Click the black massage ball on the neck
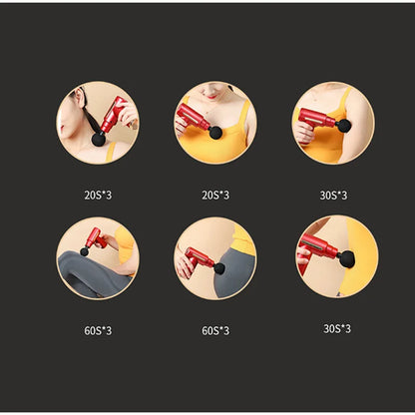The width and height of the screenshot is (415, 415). tap(98, 140)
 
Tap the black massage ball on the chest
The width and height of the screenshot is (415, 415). tap(215, 133)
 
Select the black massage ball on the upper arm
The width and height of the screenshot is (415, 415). tap(343, 125)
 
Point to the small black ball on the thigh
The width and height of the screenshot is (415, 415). tap(85, 252)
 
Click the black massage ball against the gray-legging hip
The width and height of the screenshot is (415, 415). tap(219, 268)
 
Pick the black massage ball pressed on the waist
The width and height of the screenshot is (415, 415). tap(347, 258)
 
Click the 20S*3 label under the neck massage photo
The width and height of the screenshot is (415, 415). tap(98, 196)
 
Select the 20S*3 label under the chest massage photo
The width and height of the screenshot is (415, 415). tap(215, 196)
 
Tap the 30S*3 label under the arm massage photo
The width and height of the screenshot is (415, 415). tap(333, 196)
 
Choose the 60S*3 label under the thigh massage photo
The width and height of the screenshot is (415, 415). tap(98, 331)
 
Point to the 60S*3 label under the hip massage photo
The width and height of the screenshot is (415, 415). tap(215, 331)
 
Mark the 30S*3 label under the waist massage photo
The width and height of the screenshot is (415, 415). tap(337, 329)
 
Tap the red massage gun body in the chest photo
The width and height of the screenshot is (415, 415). tap(194, 118)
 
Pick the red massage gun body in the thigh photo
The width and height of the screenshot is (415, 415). tap(96, 237)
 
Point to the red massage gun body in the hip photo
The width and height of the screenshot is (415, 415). tap(200, 258)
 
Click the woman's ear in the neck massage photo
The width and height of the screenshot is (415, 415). tap(80, 97)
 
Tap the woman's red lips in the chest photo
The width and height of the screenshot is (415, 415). tap(211, 97)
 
